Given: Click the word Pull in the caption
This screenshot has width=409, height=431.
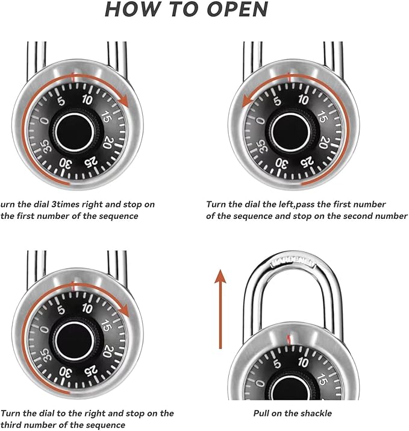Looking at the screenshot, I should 262,414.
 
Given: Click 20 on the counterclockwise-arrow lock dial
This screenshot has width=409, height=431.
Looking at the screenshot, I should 323,143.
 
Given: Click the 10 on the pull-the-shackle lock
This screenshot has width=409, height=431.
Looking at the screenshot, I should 303,362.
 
